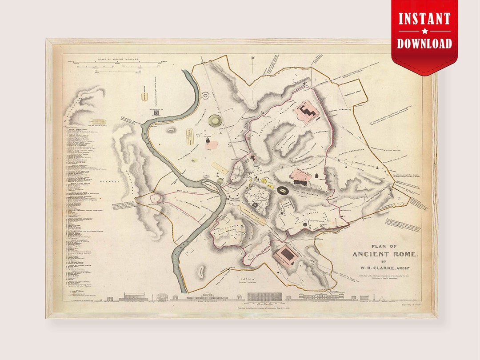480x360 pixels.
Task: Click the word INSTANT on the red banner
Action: (424, 19)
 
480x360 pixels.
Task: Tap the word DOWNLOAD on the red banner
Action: (424, 43)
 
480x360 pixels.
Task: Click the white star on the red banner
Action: (424, 31)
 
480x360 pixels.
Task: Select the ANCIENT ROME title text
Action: (385, 254)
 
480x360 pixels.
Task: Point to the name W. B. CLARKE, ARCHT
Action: (385, 267)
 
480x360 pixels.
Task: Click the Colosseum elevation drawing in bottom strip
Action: (264, 296)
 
